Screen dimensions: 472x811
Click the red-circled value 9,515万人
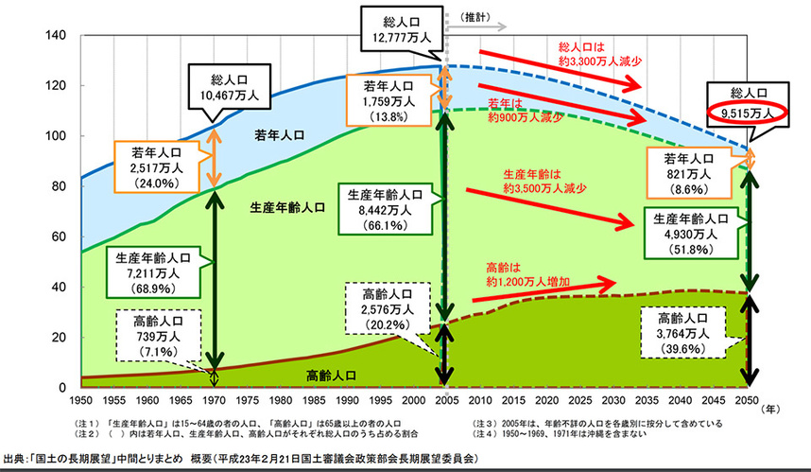click(747, 112)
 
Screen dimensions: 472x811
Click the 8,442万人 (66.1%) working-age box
click(386, 211)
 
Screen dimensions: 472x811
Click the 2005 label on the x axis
click(443, 400)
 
